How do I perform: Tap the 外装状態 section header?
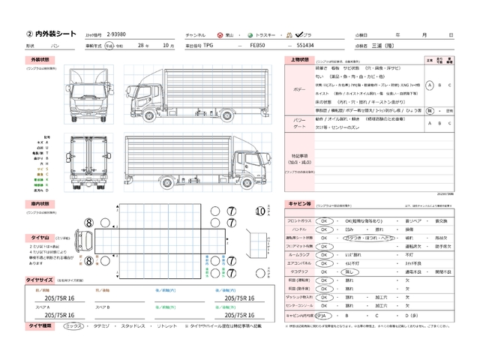tap(40, 59)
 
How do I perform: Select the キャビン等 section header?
tap(298, 203)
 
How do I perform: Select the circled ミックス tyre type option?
tap(73, 326)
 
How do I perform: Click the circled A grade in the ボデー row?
tap(429, 85)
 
